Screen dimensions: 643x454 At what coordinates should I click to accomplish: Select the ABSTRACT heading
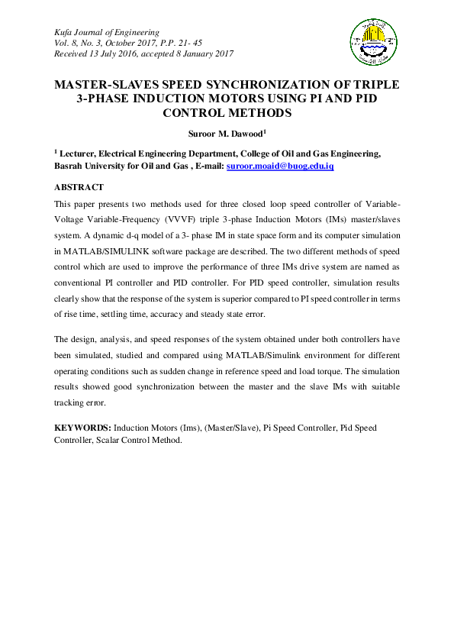click(x=79, y=187)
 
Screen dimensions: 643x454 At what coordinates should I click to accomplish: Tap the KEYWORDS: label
click(x=83, y=428)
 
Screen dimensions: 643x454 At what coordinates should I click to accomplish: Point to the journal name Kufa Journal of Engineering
click(x=106, y=32)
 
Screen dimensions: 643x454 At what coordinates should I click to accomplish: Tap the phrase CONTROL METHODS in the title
click(x=227, y=112)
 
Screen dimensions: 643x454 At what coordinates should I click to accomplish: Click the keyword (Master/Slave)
click(x=224, y=428)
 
